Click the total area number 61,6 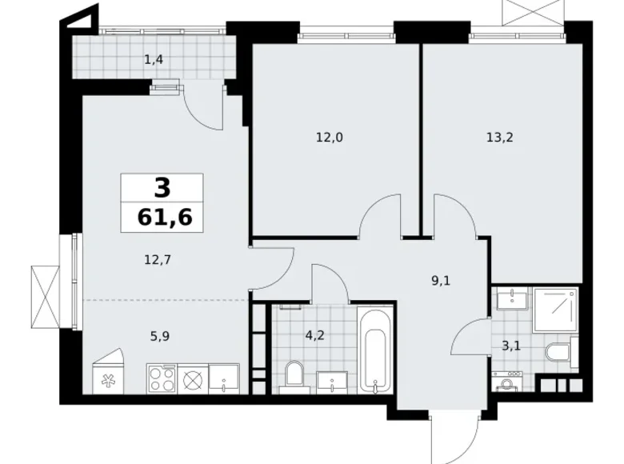[162, 216]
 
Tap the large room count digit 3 [162, 187]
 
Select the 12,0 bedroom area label [329, 137]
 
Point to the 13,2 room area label [499, 137]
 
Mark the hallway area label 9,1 [440, 280]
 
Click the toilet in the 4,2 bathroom [294, 374]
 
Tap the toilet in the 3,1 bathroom [557, 352]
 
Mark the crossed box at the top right [522, 11]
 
